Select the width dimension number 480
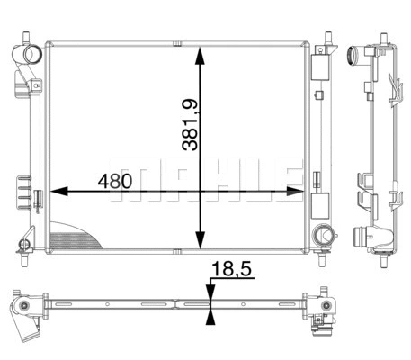116,180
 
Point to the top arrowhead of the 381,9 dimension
199,54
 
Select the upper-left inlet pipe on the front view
31,53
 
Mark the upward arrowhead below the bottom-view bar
210,314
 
